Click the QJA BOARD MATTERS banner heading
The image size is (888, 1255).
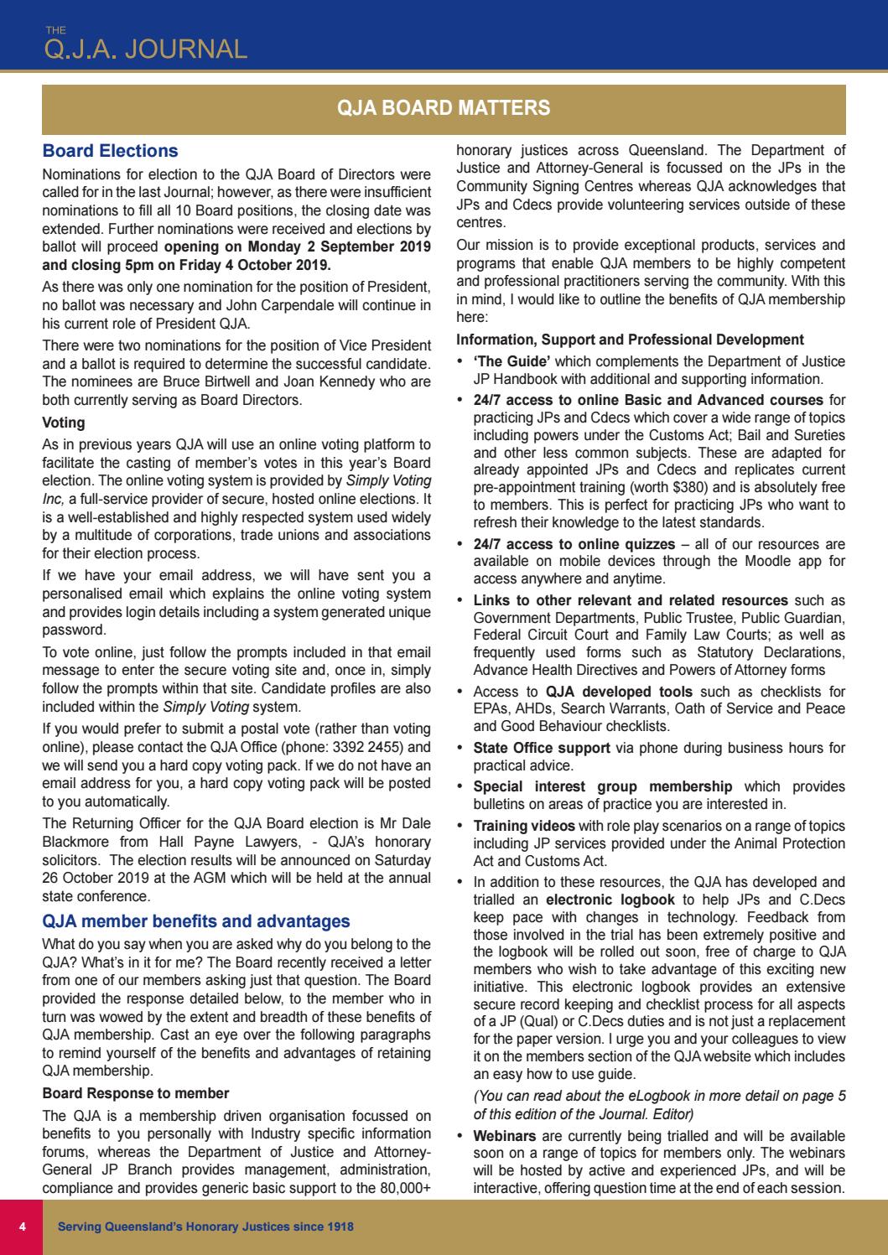coord(443,107)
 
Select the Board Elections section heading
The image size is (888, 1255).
coord(110,152)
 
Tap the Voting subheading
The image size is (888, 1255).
coord(63,423)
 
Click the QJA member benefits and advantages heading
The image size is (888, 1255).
coord(196,921)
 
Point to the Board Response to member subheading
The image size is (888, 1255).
coord(135,1093)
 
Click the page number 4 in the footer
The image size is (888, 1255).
coord(23,1226)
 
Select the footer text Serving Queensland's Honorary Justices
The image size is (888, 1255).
coord(205,1226)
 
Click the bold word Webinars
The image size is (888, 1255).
coord(505,1136)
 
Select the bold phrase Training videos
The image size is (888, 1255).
coord(524,826)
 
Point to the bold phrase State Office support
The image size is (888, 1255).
coord(542,748)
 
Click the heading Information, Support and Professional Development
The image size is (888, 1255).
coord(630,340)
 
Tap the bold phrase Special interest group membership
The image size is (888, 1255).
coord(602,786)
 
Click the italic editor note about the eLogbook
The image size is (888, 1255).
coord(659,1105)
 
